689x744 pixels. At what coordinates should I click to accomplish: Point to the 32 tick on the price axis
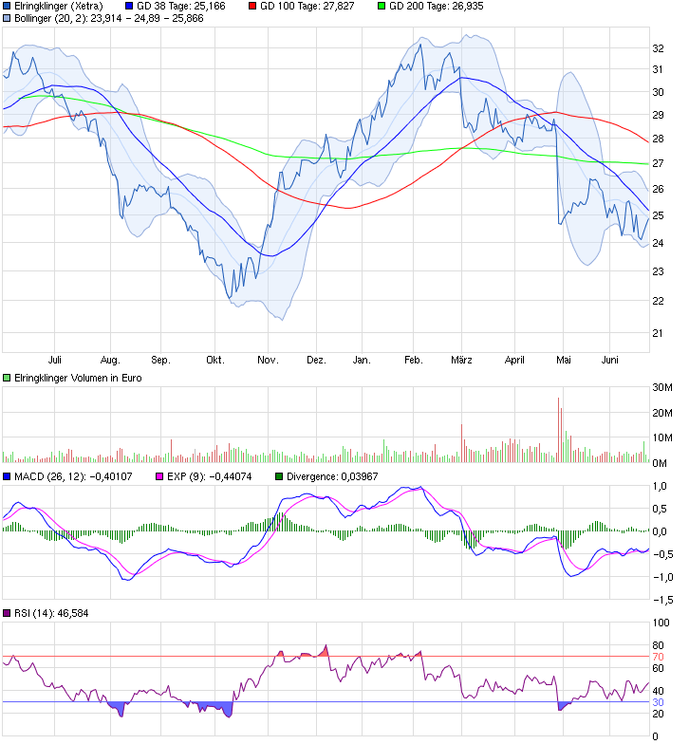click(657, 47)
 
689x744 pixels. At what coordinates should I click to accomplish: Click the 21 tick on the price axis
click(657, 332)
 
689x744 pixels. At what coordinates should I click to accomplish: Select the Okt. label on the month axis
click(215, 361)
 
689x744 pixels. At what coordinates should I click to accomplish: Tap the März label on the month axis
click(461, 361)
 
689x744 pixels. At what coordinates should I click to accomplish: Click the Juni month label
click(611, 361)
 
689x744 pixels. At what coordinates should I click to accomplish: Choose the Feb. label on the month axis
click(413, 361)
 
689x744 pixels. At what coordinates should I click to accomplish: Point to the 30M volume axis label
click(661, 387)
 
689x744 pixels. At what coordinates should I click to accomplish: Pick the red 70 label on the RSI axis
click(657, 657)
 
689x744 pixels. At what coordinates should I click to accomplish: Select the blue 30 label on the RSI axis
click(657, 701)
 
